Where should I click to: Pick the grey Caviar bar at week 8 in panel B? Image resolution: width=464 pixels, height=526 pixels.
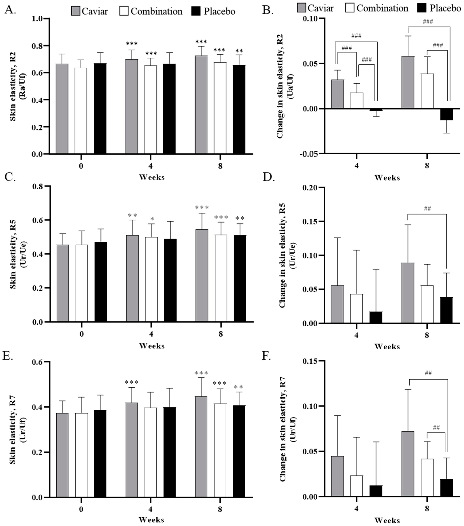pos(408,82)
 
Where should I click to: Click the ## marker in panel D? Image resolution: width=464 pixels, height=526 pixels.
pos(427,208)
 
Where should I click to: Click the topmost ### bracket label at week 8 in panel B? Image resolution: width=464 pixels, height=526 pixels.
pos(428,22)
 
